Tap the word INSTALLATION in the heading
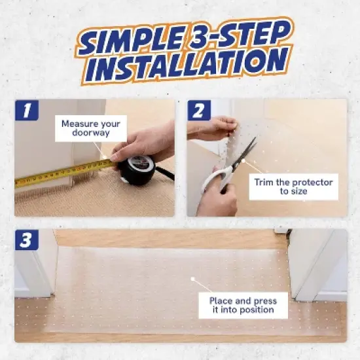coord(186,63)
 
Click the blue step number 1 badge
coord(27,110)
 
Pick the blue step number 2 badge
coord(199,110)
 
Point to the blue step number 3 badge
coord(27,240)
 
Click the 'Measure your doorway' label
coord(91,128)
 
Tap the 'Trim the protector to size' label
coord(294,187)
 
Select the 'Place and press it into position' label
coord(243,305)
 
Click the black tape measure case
coord(136,170)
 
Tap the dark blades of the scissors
coord(245,152)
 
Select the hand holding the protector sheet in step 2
coord(212,128)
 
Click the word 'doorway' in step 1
coord(91,133)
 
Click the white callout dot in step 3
coord(193,279)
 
